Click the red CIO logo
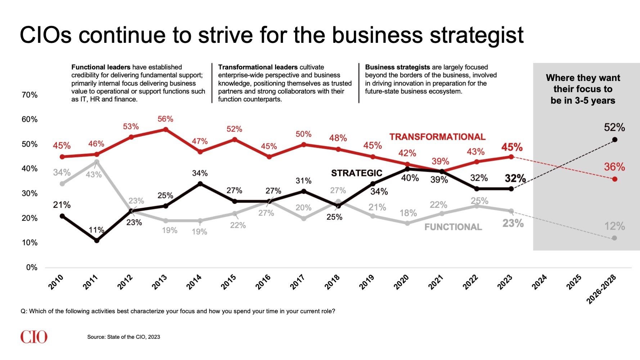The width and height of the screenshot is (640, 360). (34, 337)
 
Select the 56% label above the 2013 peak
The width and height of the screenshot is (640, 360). (165, 119)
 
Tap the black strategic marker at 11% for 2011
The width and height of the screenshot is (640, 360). (96, 240)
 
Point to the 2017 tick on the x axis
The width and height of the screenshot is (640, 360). (298, 282)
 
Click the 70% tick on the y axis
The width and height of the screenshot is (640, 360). (30, 95)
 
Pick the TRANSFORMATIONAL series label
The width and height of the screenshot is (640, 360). (437, 137)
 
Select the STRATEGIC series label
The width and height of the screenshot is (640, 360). (356, 173)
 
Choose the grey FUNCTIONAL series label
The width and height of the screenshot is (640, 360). (453, 227)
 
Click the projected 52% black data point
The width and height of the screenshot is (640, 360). (614, 140)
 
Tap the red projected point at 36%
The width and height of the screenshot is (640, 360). (614, 179)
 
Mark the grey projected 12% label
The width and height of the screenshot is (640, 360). (614, 226)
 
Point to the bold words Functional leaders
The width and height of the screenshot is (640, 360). (101, 67)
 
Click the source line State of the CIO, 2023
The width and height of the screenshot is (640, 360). (123, 337)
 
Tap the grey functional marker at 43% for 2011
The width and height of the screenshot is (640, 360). (96, 162)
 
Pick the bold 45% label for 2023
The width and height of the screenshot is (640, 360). (511, 147)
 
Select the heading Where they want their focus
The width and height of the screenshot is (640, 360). (583, 89)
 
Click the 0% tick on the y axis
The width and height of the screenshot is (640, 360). (32, 267)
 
